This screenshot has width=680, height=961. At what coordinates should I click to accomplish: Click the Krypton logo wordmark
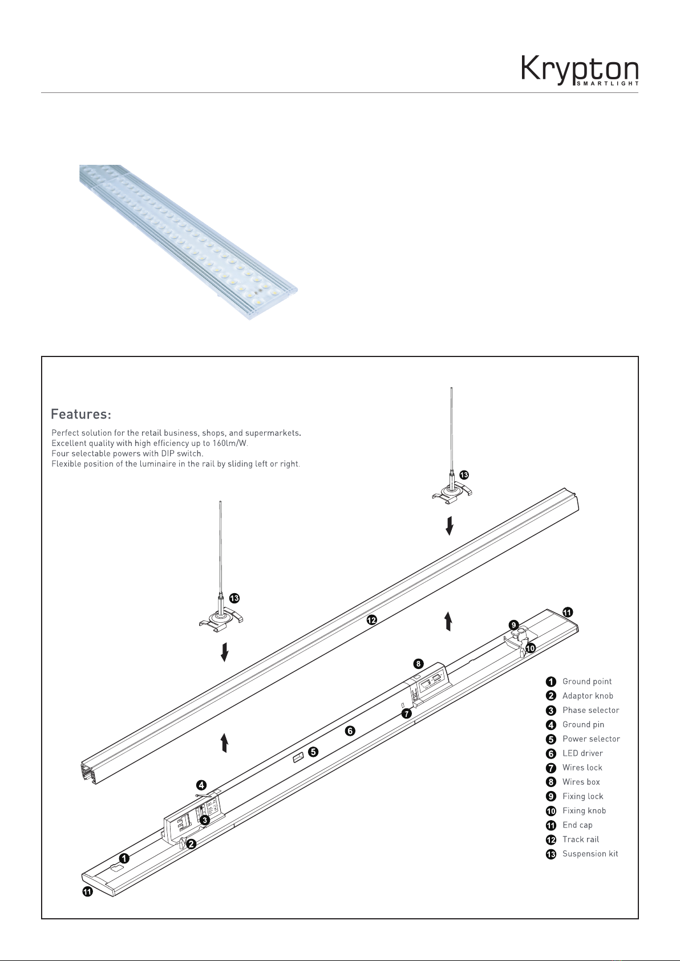[x=580, y=71]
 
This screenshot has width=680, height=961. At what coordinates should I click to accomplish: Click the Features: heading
[x=81, y=414]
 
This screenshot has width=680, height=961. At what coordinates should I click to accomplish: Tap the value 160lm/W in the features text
[x=230, y=443]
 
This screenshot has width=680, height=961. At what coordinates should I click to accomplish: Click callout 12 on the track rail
[x=371, y=619]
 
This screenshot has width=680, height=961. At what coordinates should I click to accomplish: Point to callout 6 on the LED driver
[x=350, y=731]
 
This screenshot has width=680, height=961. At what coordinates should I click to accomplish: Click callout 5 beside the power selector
[x=313, y=752]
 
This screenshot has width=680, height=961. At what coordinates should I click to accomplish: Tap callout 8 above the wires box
[x=418, y=664]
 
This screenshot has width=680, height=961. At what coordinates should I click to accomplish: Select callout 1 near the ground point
[x=124, y=858]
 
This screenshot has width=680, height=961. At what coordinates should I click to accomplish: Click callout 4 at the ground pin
[x=201, y=785]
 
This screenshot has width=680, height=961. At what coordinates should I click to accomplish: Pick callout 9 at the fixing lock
[x=513, y=625]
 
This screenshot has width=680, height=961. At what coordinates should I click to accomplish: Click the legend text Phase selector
[x=591, y=710]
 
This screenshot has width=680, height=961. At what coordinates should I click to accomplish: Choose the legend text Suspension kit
[x=590, y=854]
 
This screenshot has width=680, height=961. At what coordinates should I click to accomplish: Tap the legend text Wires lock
[x=582, y=768]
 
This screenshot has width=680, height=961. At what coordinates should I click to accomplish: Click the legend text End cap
[x=577, y=825]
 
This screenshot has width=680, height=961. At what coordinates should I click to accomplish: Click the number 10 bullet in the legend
[x=551, y=811]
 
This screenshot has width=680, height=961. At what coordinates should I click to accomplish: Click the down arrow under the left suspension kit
[x=224, y=652]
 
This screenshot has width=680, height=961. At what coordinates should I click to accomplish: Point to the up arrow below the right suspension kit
[x=448, y=621]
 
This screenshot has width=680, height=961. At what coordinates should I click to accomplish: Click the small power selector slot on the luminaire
[x=298, y=757]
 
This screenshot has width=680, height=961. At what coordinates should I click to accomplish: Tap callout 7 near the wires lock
[x=406, y=713]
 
